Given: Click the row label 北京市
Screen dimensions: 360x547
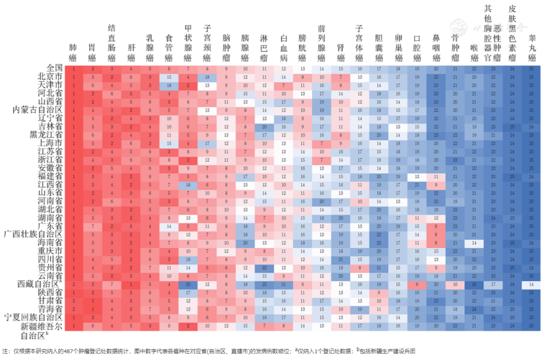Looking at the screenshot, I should (50, 76).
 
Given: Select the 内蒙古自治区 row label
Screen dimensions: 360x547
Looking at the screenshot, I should (37, 109).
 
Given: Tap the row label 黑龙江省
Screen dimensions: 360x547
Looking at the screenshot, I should (46, 135).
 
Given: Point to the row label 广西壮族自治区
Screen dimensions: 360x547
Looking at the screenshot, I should (33, 234).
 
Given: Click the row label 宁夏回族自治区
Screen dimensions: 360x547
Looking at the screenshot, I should (33, 317).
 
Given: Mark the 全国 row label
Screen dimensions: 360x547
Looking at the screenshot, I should (54, 68).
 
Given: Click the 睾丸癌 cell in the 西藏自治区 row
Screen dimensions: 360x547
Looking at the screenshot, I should (531, 285).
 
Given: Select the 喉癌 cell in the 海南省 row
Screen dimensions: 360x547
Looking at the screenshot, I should (474, 243).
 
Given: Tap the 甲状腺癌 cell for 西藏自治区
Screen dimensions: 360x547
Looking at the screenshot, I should (188, 285).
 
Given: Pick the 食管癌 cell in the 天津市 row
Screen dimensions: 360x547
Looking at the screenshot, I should (169, 85).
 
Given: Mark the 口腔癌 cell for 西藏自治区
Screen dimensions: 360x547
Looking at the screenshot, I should (417, 285).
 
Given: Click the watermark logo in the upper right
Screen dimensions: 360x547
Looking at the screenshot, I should (459, 25).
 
